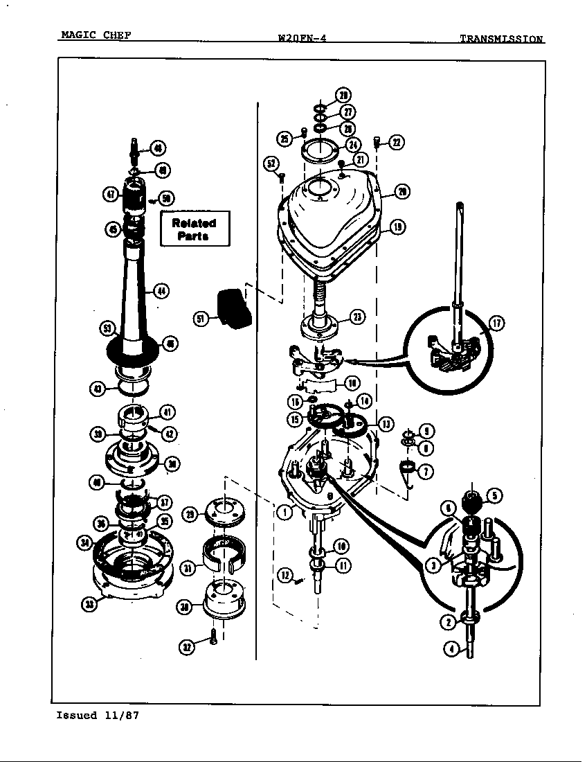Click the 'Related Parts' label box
click(195, 229)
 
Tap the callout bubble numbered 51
click(201, 319)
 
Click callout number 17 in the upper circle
click(496, 323)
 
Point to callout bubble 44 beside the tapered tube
click(161, 291)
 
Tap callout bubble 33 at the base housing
click(90, 604)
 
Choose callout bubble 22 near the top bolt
click(397, 143)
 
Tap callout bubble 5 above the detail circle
click(494, 496)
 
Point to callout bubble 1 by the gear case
click(283, 513)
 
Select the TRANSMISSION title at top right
click(501, 39)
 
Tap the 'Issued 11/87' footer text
click(98, 716)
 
